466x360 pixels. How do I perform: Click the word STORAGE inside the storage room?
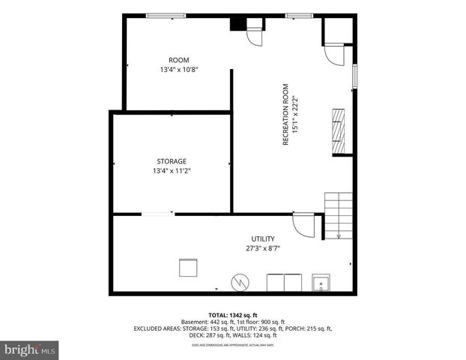171,161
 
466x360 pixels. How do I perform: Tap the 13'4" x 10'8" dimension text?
178,70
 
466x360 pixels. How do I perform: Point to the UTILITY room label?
262,238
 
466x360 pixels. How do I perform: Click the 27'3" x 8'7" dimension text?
262,248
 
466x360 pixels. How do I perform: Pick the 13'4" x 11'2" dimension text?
171,171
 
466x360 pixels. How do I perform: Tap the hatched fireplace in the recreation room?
341,130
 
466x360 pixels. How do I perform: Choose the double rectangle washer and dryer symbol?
284,283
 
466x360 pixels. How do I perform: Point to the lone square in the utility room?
187,268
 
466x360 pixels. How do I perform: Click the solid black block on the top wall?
238,23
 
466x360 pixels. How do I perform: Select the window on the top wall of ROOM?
166,16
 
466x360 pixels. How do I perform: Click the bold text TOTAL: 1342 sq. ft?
233,314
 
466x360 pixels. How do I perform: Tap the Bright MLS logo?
30,349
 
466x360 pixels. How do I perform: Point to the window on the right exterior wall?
354,77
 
